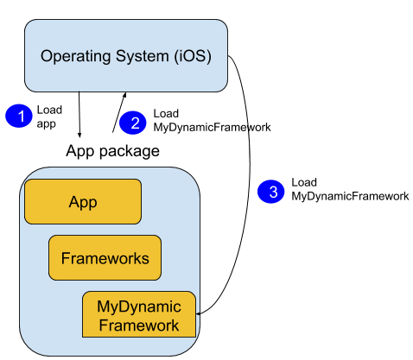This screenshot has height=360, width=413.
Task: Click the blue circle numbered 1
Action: click(19, 115)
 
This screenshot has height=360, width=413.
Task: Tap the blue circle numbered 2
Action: click(133, 123)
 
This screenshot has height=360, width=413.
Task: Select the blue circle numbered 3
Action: click(271, 192)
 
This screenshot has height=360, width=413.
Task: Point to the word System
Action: click(141, 57)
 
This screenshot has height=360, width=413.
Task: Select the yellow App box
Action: click(83, 202)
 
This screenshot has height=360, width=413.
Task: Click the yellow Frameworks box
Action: click(105, 257)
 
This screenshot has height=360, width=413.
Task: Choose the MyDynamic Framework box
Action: click(138, 315)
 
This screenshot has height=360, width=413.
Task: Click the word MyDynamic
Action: click(139, 306)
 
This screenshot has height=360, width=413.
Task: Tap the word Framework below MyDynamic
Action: click(139, 325)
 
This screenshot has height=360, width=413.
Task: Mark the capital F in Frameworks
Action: click(65, 257)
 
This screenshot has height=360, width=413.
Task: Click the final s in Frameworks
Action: click(145, 258)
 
